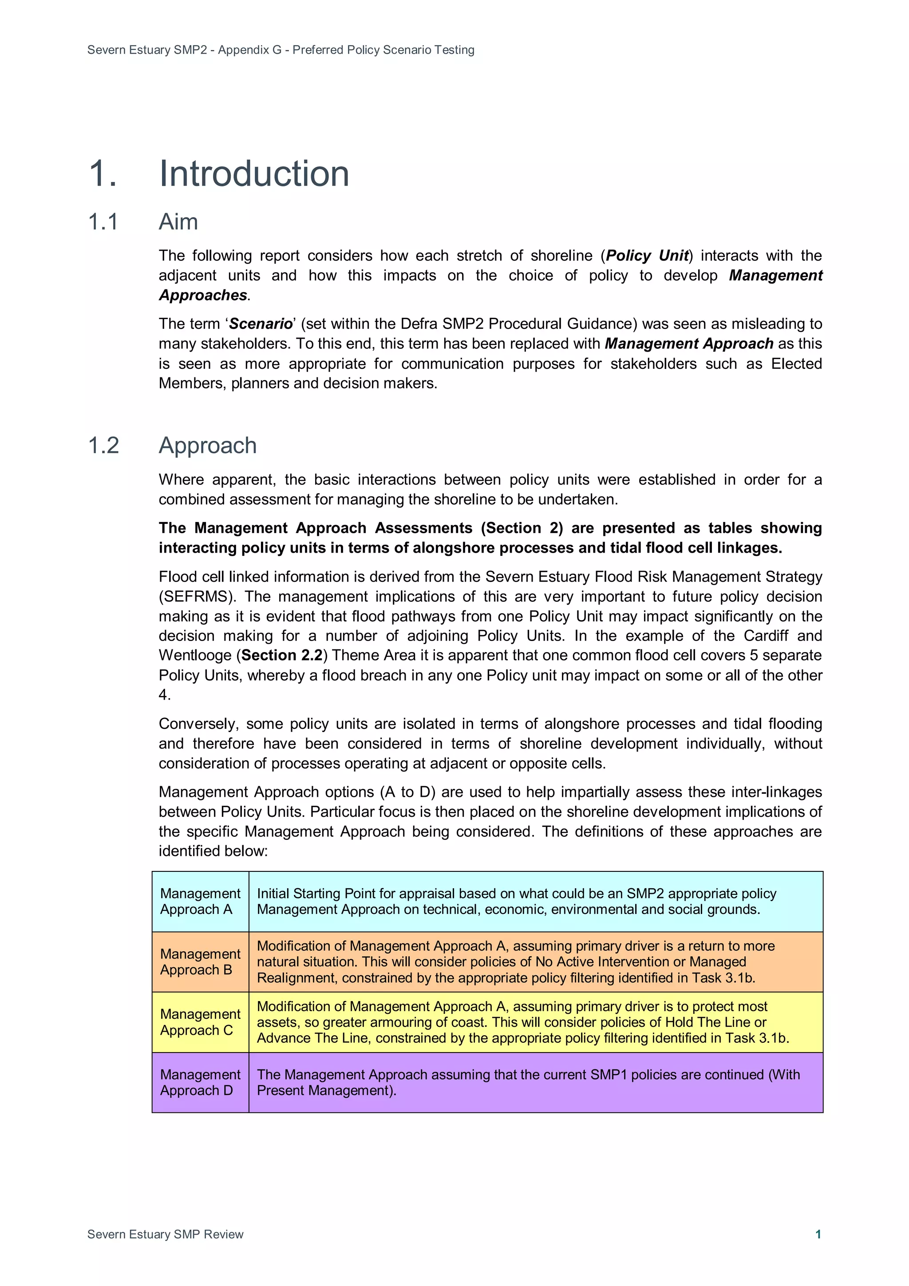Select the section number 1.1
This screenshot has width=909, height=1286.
coord(103,222)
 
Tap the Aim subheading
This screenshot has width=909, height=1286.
coord(178,222)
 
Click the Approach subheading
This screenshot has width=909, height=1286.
coord(207,445)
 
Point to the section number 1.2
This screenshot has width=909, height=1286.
coord(103,445)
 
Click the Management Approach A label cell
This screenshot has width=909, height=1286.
coord(200,901)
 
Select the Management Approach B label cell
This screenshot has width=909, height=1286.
coord(200,962)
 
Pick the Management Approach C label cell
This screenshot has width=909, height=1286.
coord(200,1022)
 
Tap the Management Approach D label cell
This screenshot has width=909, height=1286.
coord(200,1082)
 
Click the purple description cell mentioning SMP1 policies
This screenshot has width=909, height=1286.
coord(535,1082)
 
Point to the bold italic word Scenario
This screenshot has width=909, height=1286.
coord(261,324)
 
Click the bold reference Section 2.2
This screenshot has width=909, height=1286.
coord(282,655)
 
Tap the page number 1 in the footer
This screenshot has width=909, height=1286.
coord(818,1234)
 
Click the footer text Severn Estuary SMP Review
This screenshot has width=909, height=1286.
coord(165,1234)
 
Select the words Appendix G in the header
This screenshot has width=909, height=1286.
coord(250,50)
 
